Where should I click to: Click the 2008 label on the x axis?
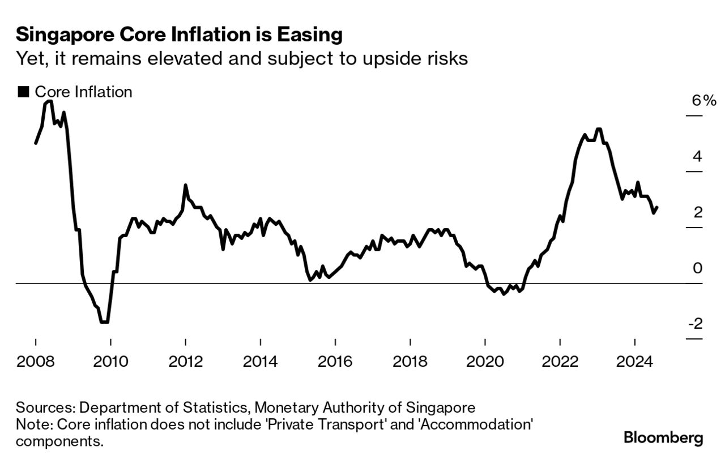click(x=36, y=361)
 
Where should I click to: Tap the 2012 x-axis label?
click(x=185, y=361)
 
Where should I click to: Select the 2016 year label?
click(x=335, y=361)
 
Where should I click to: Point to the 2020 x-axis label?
click(x=485, y=361)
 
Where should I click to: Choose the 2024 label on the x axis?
click(x=634, y=361)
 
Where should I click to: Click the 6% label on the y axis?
click(x=703, y=101)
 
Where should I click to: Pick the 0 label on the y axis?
click(x=697, y=268)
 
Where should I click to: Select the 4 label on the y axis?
click(x=697, y=156)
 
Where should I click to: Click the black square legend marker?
click(x=23, y=92)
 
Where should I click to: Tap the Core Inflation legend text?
click(x=83, y=92)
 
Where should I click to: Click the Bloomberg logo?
click(x=663, y=438)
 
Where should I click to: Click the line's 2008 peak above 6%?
click(x=49, y=101)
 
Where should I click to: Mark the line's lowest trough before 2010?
click(x=104, y=322)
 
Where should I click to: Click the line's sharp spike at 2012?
click(x=185, y=185)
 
